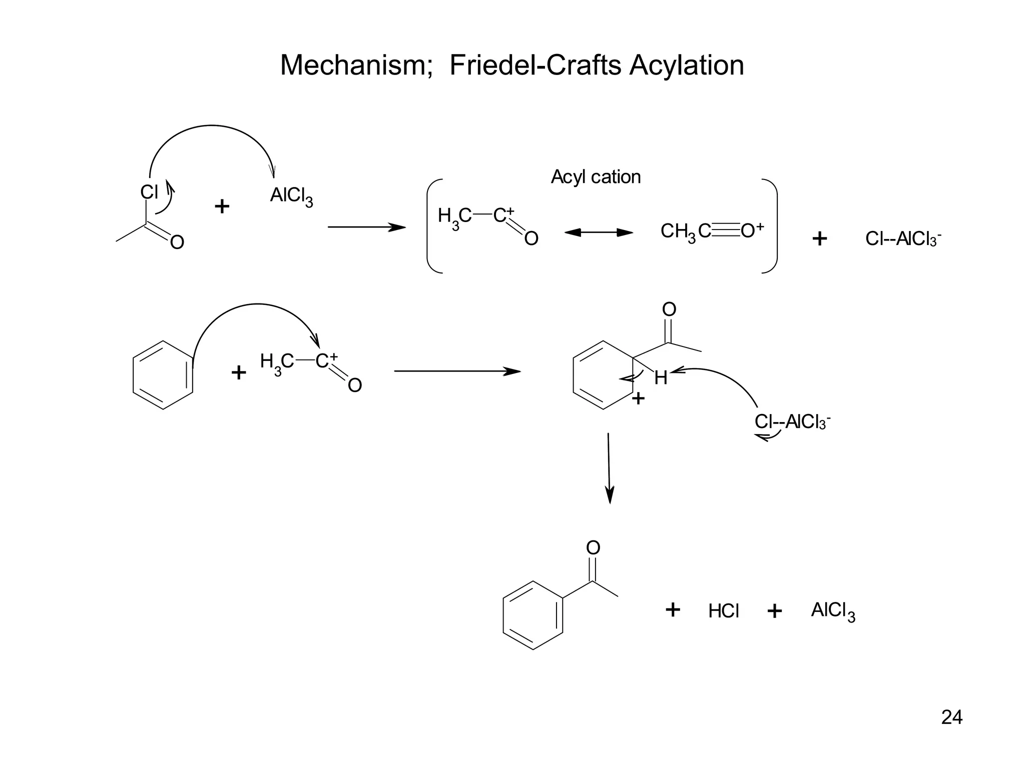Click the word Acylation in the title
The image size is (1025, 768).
point(687,65)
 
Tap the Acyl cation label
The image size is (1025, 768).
point(596,177)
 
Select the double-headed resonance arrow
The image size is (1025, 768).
point(599,232)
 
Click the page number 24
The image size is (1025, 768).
point(951,717)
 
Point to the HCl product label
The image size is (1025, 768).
point(723,611)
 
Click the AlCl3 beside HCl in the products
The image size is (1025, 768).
point(833,611)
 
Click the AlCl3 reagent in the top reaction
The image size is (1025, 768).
point(291,195)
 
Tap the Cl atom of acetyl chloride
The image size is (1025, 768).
point(149,192)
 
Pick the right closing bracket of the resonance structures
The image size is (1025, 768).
point(771,226)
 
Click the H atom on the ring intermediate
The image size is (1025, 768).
point(661,378)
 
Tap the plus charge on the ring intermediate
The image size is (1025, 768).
point(638,398)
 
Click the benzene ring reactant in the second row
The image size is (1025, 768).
point(163,375)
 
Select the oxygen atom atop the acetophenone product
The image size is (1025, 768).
point(593,548)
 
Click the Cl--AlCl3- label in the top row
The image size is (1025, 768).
point(903,239)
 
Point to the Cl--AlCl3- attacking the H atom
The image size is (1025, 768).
point(792,422)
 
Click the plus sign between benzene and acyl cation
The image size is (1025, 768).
point(239,372)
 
